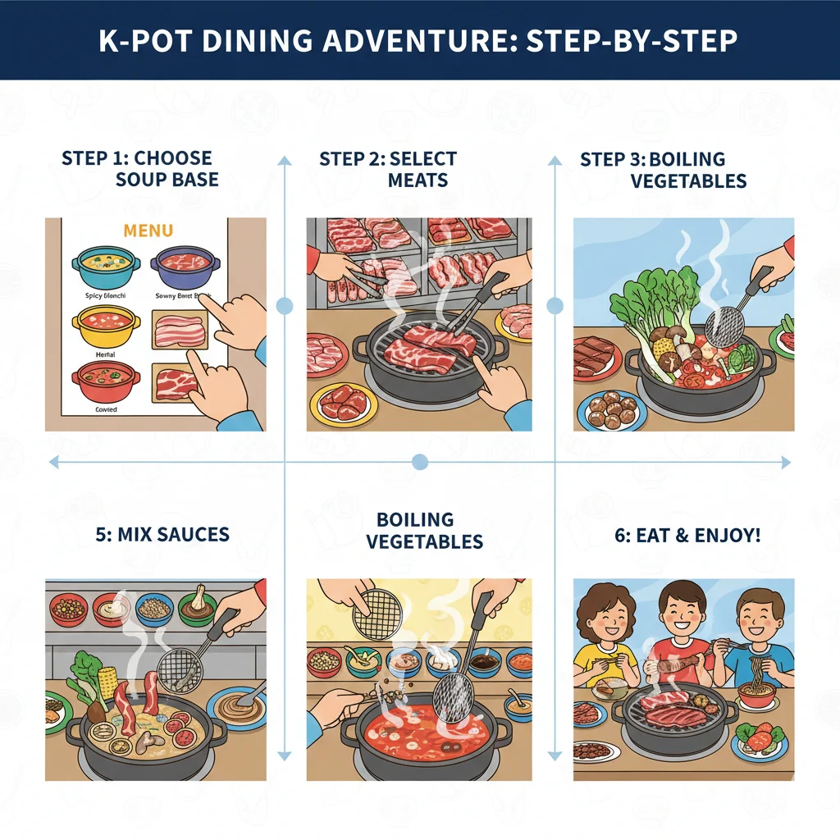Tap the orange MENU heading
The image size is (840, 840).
148,231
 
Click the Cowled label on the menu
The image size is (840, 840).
106,409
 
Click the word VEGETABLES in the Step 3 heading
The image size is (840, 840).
688,180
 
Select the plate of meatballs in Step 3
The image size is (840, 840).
611,409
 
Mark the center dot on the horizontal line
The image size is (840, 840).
420,463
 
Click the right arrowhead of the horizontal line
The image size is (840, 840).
786,463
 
